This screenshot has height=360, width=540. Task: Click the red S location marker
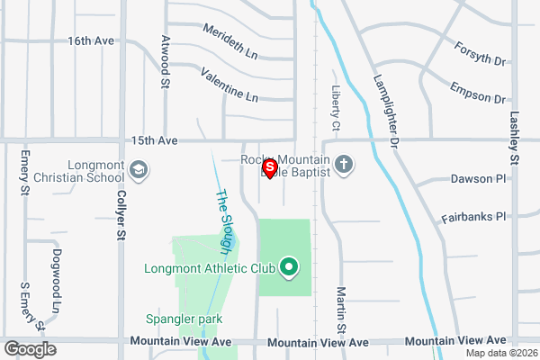pyautogui.click(x=268, y=167)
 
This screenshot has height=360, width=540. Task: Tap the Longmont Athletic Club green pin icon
pyautogui.click(x=289, y=267)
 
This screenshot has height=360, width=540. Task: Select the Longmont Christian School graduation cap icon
pyautogui.click(x=139, y=170)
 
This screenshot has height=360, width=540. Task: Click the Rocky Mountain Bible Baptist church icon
pyautogui.click(x=343, y=165)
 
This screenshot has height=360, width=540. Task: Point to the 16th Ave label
pyautogui.click(x=91, y=41)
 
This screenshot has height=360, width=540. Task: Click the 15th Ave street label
pyautogui.click(x=156, y=140)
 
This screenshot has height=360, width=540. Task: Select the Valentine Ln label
pyautogui.click(x=229, y=84)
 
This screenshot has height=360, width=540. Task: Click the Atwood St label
pyautogui.click(x=165, y=61)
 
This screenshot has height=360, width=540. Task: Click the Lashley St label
pyautogui.click(x=515, y=137)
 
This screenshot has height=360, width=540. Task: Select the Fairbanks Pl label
pyautogui.click(x=474, y=218)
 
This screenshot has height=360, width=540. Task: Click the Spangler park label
pyautogui.click(x=184, y=319)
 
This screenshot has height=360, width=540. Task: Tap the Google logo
pyautogui.click(x=30, y=349)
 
